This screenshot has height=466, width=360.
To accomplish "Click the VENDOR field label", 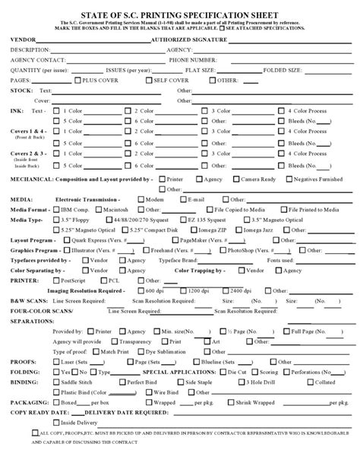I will click(24, 37).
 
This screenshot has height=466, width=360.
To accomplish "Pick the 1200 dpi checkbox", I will click(185, 290).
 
